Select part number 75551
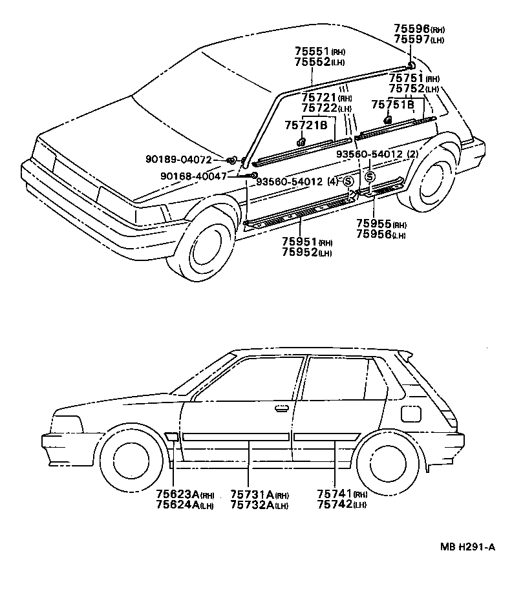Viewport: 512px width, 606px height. coord(313,51)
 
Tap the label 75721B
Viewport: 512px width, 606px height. coord(306,125)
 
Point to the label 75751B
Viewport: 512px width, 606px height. coord(392,104)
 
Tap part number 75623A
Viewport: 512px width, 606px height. coord(175,494)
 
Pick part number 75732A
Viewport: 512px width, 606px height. coord(252,505)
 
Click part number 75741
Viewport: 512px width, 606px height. coord(334,494)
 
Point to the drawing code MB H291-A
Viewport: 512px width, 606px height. coord(467,547)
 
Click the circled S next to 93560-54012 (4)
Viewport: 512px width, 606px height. coord(348,181)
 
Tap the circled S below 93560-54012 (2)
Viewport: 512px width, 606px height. coord(370,176)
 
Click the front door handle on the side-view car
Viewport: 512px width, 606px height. coord(282,408)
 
